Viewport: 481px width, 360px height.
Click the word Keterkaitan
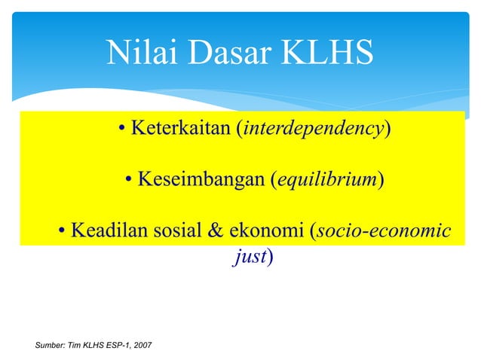tap(179, 129)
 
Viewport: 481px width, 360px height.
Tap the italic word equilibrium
tap(326, 180)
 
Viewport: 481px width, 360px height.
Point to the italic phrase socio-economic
tap(384, 231)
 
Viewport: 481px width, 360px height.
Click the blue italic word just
tap(250, 257)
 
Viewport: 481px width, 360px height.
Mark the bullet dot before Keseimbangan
tap(129, 181)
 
